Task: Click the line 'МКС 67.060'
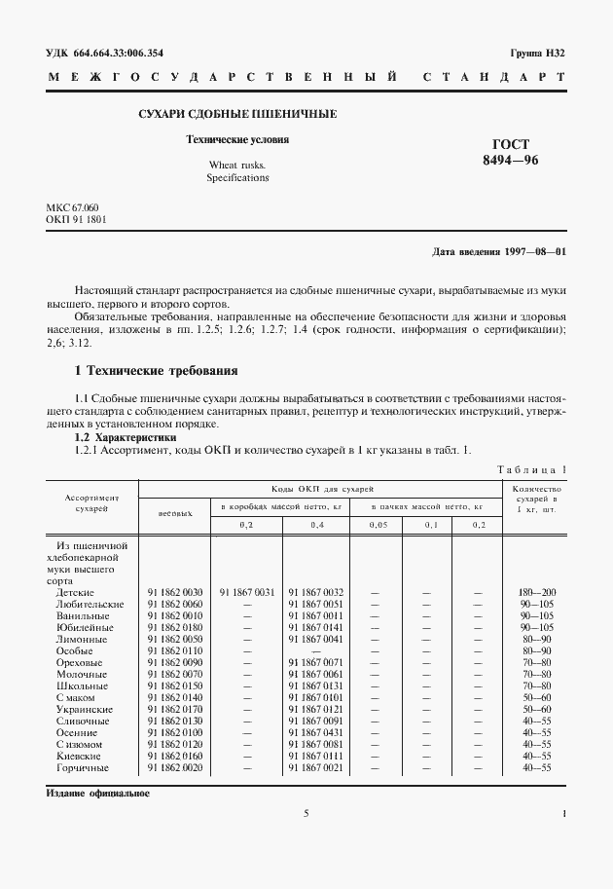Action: point(72,208)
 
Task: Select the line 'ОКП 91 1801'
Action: point(76,220)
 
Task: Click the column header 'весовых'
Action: point(175,511)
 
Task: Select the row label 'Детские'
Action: point(75,591)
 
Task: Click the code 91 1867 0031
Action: point(246,591)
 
